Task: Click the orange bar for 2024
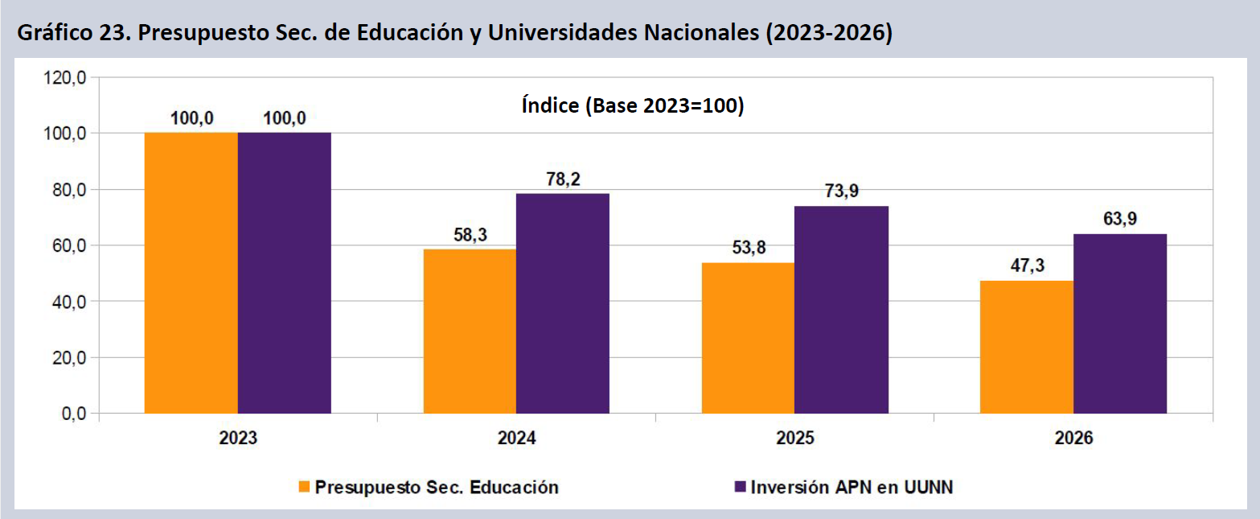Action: click(470, 331)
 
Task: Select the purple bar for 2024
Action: click(563, 303)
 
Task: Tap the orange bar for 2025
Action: click(748, 338)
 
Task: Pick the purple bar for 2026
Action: click(1120, 323)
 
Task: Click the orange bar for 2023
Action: click(191, 273)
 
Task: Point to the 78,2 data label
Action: click(563, 179)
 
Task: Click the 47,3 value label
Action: click(1027, 266)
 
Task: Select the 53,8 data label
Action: click(748, 249)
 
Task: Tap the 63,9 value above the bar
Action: click(1120, 220)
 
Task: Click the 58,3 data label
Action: click(470, 235)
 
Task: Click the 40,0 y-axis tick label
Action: click(69, 302)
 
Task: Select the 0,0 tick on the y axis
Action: click(73, 414)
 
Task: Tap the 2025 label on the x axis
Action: click(794, 439)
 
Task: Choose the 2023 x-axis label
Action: click(237, 439)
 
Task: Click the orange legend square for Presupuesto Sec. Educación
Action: click(304, 487)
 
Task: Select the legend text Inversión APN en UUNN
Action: click(852, 487)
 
